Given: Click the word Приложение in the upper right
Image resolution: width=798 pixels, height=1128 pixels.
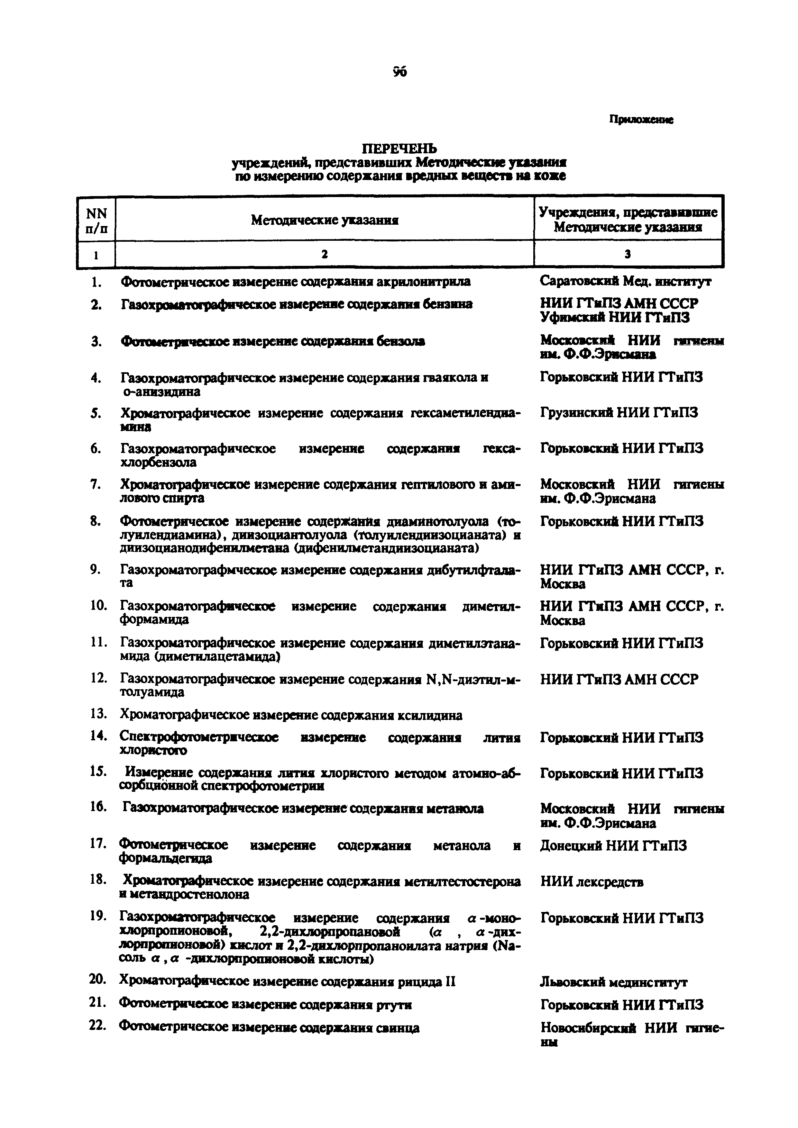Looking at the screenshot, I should pos(641,119).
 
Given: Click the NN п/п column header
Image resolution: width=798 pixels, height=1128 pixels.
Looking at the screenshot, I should pos(96,221).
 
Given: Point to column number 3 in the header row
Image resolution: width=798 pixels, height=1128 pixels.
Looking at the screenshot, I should pos(628,254).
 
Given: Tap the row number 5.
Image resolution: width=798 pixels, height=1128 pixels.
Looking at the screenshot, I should pos(96,413).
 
